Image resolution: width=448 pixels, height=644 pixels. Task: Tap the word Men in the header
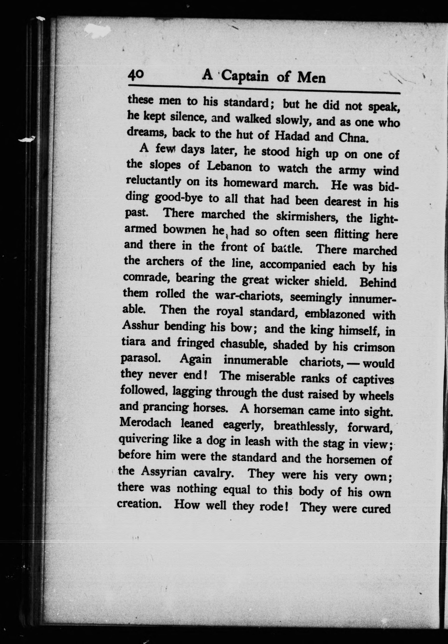(x=311, y=78)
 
